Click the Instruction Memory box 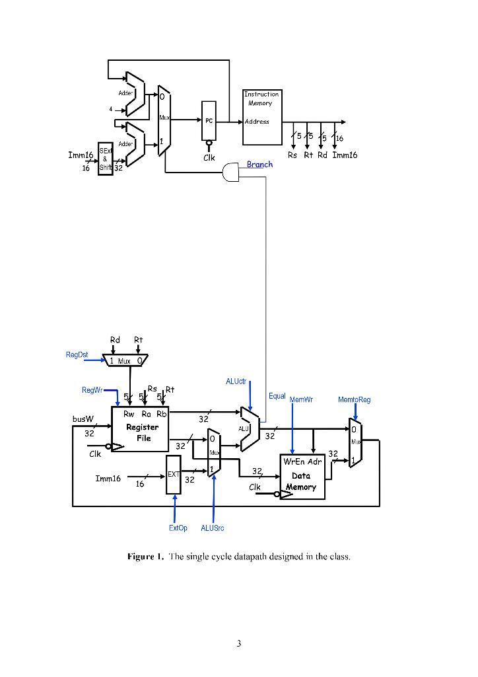click(262, 117)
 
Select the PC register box click(209, 121)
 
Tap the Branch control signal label click(259, 165)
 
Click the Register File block click(140, 429)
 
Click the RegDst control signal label click(77, 355)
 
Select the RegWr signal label click(92, 391)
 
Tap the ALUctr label click(236, 381)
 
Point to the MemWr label click(301, 400)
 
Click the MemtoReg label click(354, 400)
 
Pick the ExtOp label click(178, 528)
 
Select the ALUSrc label click(213, 528)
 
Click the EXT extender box click(173, 475)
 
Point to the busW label click(83, 418)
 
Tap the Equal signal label click(277, 396)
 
